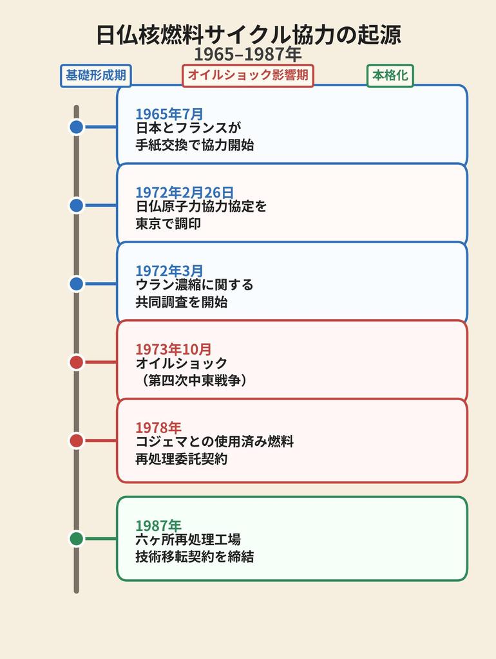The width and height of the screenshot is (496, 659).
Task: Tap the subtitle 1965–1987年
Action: (248, 55)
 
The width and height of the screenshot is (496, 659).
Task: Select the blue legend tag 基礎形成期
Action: (96, 76)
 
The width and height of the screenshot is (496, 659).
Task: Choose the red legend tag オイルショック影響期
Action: (248, 76)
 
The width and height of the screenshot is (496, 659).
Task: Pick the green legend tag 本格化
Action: (390, 76)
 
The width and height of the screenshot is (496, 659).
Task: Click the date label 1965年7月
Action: (169, 114)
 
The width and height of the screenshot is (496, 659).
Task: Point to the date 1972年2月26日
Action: (184, 192)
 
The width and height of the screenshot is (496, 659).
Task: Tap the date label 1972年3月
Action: (169, 271)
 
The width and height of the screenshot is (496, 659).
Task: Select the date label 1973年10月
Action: (173, 349)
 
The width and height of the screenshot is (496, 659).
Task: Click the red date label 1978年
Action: (158, 428)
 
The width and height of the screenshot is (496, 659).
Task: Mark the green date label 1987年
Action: (158, 526)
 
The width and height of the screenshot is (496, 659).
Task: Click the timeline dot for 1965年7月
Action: (77, 127)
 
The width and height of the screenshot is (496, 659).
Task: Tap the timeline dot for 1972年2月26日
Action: (77, 205)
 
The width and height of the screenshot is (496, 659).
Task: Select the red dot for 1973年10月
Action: (77, 362)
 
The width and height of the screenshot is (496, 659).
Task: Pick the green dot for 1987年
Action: (77, 539)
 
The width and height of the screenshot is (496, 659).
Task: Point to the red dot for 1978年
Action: (77, 441)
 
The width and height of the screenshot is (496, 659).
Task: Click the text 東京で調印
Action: (168, 223)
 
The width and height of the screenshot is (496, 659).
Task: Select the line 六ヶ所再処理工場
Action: (188, 539)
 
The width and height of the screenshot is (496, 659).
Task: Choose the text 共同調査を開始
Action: (181, 302)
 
